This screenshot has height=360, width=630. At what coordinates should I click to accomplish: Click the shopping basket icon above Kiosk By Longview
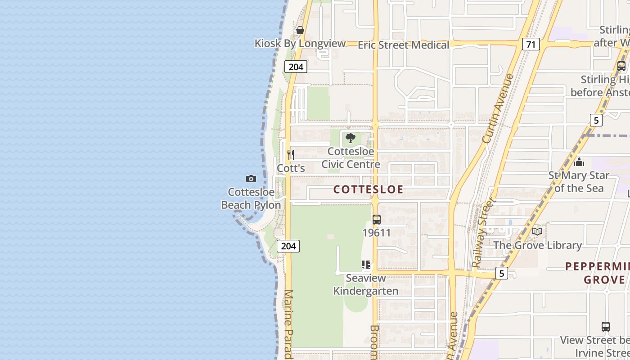(x=300, y=31)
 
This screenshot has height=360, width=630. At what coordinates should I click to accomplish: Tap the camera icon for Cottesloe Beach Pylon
(x=251, y=179)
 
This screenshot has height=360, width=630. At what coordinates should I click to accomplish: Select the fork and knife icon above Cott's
(x=291, y=155)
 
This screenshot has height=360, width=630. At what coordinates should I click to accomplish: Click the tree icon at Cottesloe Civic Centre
(x=351, y=138)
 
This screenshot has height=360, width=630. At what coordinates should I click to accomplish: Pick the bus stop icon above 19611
(x=377, y=220)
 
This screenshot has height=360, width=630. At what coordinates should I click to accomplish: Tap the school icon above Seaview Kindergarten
(x=366, y=265)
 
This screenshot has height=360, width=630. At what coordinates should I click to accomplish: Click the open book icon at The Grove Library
(x=537, y=232)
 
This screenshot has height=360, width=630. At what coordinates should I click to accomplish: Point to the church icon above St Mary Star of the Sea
(x=579, y=162)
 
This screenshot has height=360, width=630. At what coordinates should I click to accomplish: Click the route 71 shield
(x=531, y=44)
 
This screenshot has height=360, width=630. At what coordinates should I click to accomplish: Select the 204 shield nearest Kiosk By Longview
(x=296, y=67)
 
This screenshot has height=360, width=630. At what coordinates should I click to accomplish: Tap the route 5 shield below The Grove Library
(x=501, y=273)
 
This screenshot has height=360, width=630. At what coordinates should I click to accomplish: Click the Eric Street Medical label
(x=403, y=45)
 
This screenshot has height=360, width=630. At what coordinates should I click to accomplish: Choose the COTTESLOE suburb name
(x=368, y=189)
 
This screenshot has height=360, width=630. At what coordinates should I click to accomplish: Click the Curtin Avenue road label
(x=498, y=108)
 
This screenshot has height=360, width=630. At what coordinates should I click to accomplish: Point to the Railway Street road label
(x=483, y=232)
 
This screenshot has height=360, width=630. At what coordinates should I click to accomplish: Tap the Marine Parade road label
(x=288, y=324)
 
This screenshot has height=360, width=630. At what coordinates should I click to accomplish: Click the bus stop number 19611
(x=377, y=233)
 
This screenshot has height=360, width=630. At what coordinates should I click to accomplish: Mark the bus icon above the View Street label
(x=606, y=327)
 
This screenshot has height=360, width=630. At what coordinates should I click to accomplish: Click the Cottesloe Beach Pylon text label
(x=251, y=198)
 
